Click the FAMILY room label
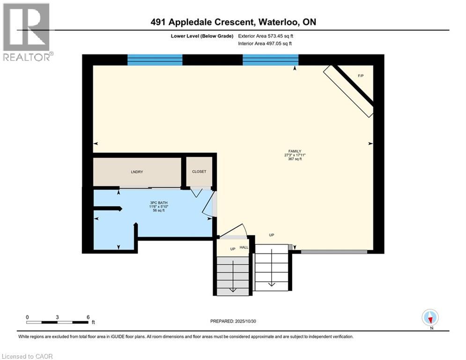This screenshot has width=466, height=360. click(294, 151)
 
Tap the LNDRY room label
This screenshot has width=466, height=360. click(137, 172)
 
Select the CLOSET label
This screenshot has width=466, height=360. click(199, 172)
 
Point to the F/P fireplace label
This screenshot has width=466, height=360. click(361, 75)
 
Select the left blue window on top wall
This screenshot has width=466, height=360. click(155, 60)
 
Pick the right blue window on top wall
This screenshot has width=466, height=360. click(271, 60)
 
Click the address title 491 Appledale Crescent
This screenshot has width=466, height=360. click(233, 22)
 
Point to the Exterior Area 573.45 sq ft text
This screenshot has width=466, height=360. click(267, 36)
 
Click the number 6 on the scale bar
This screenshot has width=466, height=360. click(88, 317)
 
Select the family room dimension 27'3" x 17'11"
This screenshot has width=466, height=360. click(295, 155)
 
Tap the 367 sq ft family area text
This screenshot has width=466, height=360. click(295, 159)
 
